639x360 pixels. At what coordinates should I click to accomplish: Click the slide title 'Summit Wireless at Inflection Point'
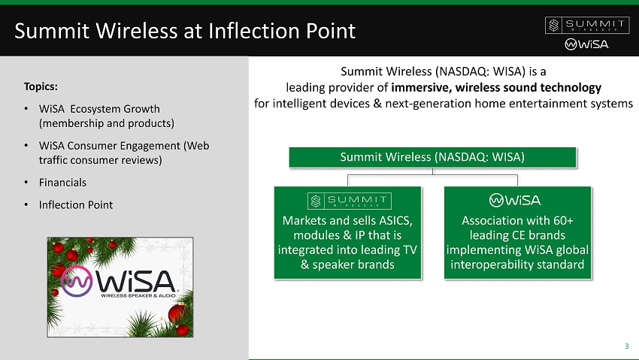click(185, 31)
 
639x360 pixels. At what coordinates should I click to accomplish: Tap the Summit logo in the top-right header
click(587, 26)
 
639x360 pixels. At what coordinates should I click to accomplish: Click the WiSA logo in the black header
click(587, 44)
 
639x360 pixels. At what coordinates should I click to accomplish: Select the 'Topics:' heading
click(41, 86)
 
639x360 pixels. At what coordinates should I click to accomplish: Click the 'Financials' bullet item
click(62, 183)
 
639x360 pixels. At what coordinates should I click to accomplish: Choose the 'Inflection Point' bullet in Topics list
click(76, 205)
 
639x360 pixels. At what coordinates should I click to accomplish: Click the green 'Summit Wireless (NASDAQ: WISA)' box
click(432, 157)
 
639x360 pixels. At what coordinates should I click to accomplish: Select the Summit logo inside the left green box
click(350, 201)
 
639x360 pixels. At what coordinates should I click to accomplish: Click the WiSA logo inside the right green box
click(515, 200)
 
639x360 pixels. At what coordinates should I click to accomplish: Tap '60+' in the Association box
click(563, 221)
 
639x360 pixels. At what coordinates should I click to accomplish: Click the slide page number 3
click(627, 346)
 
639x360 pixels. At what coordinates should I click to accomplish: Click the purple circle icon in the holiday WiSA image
click(77, 281)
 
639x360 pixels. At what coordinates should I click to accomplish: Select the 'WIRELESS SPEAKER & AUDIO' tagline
click(138, 295)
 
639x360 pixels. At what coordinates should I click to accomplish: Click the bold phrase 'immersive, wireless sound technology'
click(496, 87)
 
